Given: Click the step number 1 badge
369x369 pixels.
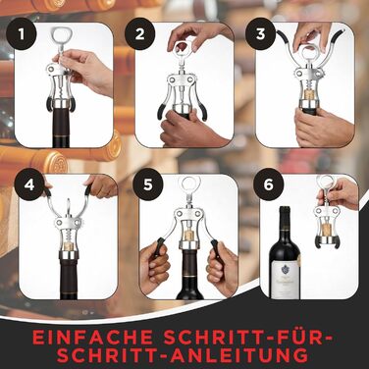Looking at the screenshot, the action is pos(22,34).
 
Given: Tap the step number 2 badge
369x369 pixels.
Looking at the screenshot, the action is pos(140,34).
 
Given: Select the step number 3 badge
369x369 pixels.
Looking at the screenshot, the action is pos(260,34).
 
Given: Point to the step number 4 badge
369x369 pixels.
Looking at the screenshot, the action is pos(29,185).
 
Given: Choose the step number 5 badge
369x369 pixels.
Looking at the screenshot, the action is pos(148,184).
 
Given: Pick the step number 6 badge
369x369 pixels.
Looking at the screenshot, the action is pos(268,184).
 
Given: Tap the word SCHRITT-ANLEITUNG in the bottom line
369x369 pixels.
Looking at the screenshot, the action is pos(184,355).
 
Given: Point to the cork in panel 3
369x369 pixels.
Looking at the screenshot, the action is pos(307,95).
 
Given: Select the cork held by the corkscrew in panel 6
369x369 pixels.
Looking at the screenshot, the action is pos(327,231).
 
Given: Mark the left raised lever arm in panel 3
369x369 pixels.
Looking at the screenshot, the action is pos(289,51).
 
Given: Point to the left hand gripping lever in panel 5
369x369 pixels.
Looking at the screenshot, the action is pos(155,262).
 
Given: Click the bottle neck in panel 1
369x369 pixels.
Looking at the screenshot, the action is pos(61,129).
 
